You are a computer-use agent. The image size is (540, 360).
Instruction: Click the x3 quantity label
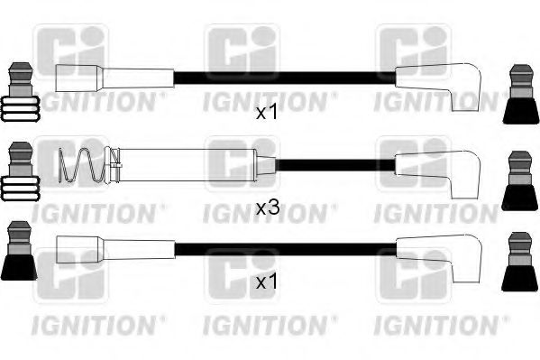pos(268,208)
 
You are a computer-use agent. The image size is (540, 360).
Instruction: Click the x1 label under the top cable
pos(268,113)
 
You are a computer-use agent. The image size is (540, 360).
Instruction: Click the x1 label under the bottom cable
pos(268,283)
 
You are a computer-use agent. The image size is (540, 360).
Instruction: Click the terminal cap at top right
pos(520,93)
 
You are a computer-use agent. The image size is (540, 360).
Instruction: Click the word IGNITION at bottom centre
pos(268,320)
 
